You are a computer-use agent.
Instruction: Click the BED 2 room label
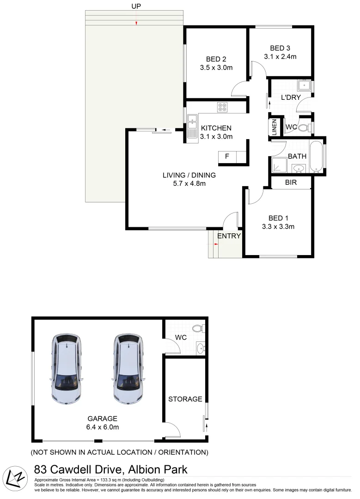[x=216, y=59]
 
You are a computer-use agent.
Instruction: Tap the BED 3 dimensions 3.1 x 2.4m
[x=280, y=57]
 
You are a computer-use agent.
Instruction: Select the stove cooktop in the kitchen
[x=223, y=107]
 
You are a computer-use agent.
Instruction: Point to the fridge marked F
[x=227, y=157]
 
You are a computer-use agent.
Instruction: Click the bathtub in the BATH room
[x=317, y=157]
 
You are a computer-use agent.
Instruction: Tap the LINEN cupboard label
[x=274, y=127]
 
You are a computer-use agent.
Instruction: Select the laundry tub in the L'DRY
[x=305, y=85]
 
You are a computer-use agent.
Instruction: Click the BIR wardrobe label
[x=291, y=183]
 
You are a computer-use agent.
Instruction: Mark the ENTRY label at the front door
[x=229, y=236]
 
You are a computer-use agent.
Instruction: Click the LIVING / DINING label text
[x=189, y=175]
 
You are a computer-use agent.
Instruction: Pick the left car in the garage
[x=67, y=368]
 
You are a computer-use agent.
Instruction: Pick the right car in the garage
[x=127, y=368]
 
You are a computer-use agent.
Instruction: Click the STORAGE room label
[x=185, y=399]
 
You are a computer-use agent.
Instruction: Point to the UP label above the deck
[x=136, y=6]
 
